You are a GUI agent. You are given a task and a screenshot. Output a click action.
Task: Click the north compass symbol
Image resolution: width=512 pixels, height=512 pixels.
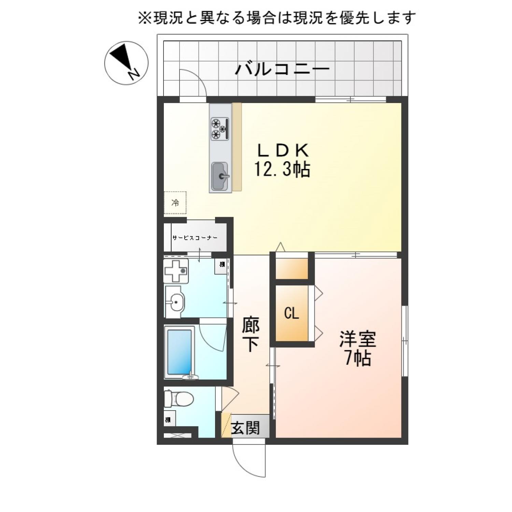(x=126, y=63)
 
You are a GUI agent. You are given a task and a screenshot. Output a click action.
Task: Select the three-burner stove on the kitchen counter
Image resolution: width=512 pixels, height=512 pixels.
(x=219, y=128)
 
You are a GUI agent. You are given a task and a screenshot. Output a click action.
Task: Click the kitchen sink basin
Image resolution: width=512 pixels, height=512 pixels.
(x=219, y=176)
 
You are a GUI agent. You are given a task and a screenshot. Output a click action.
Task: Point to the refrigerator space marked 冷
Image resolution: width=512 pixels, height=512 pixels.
(x=175, y=203)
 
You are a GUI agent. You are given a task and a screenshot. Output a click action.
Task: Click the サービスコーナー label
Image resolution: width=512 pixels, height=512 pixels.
(x=195, y=238)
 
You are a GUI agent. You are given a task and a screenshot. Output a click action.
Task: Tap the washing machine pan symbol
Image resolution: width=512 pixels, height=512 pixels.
(x=176, y=271)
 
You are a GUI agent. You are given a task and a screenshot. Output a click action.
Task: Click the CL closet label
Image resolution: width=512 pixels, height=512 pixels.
(x=291, y=313)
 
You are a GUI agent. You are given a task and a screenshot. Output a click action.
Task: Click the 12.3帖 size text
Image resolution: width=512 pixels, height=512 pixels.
(x=282, y=169)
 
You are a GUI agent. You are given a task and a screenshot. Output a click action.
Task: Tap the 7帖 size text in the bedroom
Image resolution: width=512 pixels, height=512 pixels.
(x=357, y=358)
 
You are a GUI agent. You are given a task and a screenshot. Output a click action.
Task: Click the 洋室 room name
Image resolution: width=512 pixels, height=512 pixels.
(x=357, y=339)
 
